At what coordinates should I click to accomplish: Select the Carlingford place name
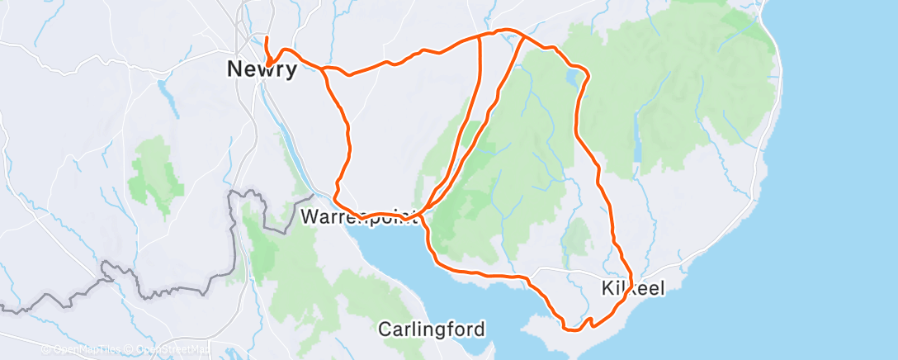pyautogui.click(x=431, y=329)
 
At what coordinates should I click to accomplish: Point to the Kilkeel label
pyautogui.click(x=631, y=287)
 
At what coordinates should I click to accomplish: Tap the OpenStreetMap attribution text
pyautogui.click(x=170, y=350)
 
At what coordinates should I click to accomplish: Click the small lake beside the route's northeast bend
pyautogui.click(x=572, y=77)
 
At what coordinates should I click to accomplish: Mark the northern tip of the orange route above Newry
pyautogui.click(x=267, y=38)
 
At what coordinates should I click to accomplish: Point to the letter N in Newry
pyautogui.click(x=234, y=70)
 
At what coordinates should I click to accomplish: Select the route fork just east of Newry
pyautogui.click(x=324, y=69)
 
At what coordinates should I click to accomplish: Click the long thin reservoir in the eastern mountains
pyautogui.click(x=636, y=132)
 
